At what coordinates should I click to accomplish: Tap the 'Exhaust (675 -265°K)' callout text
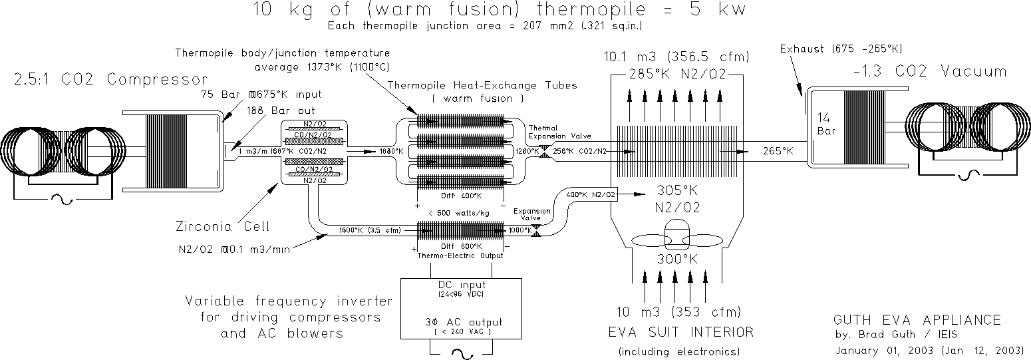(841, 49)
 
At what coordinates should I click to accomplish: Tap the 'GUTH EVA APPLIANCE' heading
(917, 320)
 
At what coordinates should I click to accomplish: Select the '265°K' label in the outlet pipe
(778, 151)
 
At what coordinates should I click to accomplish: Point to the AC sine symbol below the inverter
(456, 353)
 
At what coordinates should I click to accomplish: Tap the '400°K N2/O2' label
(591, 194)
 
